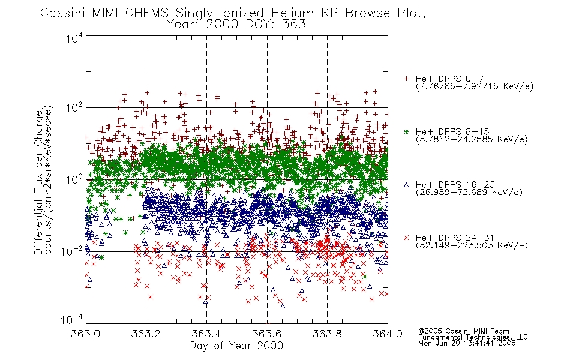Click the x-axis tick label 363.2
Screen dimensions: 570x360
[146, 334]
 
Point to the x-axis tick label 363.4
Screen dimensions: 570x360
[206, 334]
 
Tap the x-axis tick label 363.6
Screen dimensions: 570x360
[267, 334]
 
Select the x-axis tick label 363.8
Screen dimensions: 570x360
[327, 334]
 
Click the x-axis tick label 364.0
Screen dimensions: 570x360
[388, 334]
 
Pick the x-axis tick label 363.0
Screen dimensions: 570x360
[85, 334]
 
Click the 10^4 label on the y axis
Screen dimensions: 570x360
[74, 38]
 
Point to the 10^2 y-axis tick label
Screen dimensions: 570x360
[74, 107]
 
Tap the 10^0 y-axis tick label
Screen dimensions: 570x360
[74, 179]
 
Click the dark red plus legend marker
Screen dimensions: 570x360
[406, 79]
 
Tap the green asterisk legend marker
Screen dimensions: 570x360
[406, 131]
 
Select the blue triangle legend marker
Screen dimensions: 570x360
[406, 185]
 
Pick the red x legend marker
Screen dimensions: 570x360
[406, 238]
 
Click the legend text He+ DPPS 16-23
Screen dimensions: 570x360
[455, 185]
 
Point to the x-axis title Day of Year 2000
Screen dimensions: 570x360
[236, 346]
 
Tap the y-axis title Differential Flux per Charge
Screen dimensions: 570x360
[38, 182]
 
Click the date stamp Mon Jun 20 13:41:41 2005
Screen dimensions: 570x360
[467, 343]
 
